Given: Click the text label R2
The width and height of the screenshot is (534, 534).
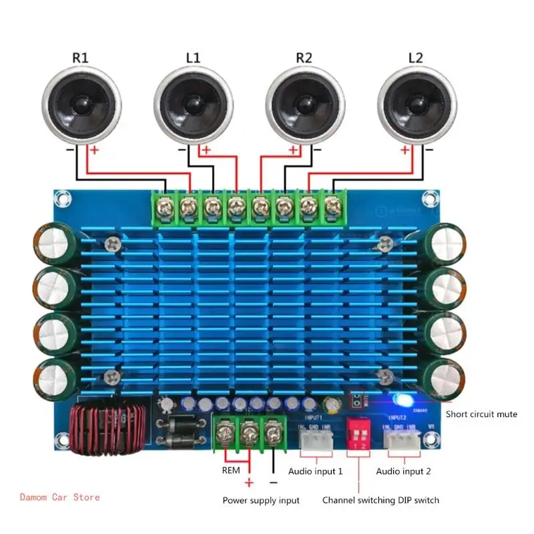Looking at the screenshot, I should point(304,57).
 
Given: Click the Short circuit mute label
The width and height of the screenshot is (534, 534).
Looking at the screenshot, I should point(481,414).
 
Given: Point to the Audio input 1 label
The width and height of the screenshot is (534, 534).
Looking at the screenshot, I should point(315,471).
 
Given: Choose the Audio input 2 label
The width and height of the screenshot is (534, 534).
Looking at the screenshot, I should point(403,471).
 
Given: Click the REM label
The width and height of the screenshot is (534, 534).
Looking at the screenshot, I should point(230,471).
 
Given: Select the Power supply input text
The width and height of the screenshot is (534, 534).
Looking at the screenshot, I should point(261,500).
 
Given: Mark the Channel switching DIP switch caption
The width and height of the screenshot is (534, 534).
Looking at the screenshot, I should point(380,500).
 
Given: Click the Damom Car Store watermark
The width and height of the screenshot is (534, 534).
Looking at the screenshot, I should point(60,497).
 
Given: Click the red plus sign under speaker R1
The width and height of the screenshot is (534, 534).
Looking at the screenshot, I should point(94,151).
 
